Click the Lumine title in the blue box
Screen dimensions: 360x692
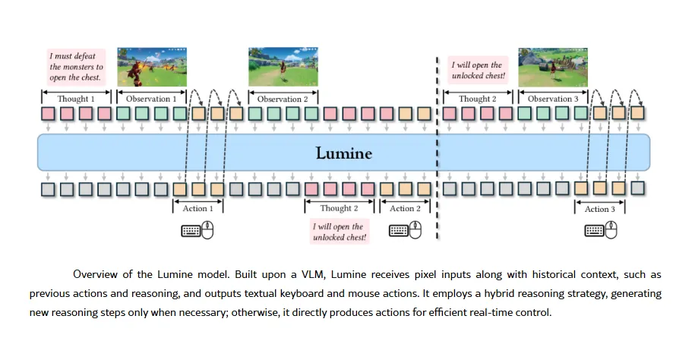tap(344, 153)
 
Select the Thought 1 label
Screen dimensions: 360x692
tap(77, 99)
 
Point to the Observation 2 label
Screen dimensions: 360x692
tap(283, 99)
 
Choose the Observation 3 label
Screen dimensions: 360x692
tap(553, 99)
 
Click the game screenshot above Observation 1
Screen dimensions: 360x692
tap(152, 67)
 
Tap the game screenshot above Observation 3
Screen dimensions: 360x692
tap(553, 67)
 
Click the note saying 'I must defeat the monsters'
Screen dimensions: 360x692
tap(75, 67)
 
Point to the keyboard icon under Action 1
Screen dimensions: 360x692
tap(191, 231)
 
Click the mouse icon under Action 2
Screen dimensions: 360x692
tap(416, 231)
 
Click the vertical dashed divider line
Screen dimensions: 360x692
tap(437, 152)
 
